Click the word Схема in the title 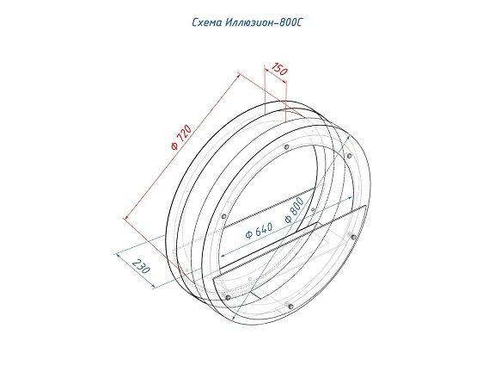click(x=207, y=23)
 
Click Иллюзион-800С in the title click(x=264, y=22)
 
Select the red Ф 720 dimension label click(x=181, y=137)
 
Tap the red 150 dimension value click(x=279, y=69)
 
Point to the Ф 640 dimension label click(x=259, y=231)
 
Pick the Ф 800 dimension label click(x=294, y=210)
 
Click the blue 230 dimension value click(x=140, y=266)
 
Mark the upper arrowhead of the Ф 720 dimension click(x=239, y=75)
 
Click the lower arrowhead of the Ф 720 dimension click(x=126, y=217)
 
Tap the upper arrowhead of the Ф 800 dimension click(x=347, y=138)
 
